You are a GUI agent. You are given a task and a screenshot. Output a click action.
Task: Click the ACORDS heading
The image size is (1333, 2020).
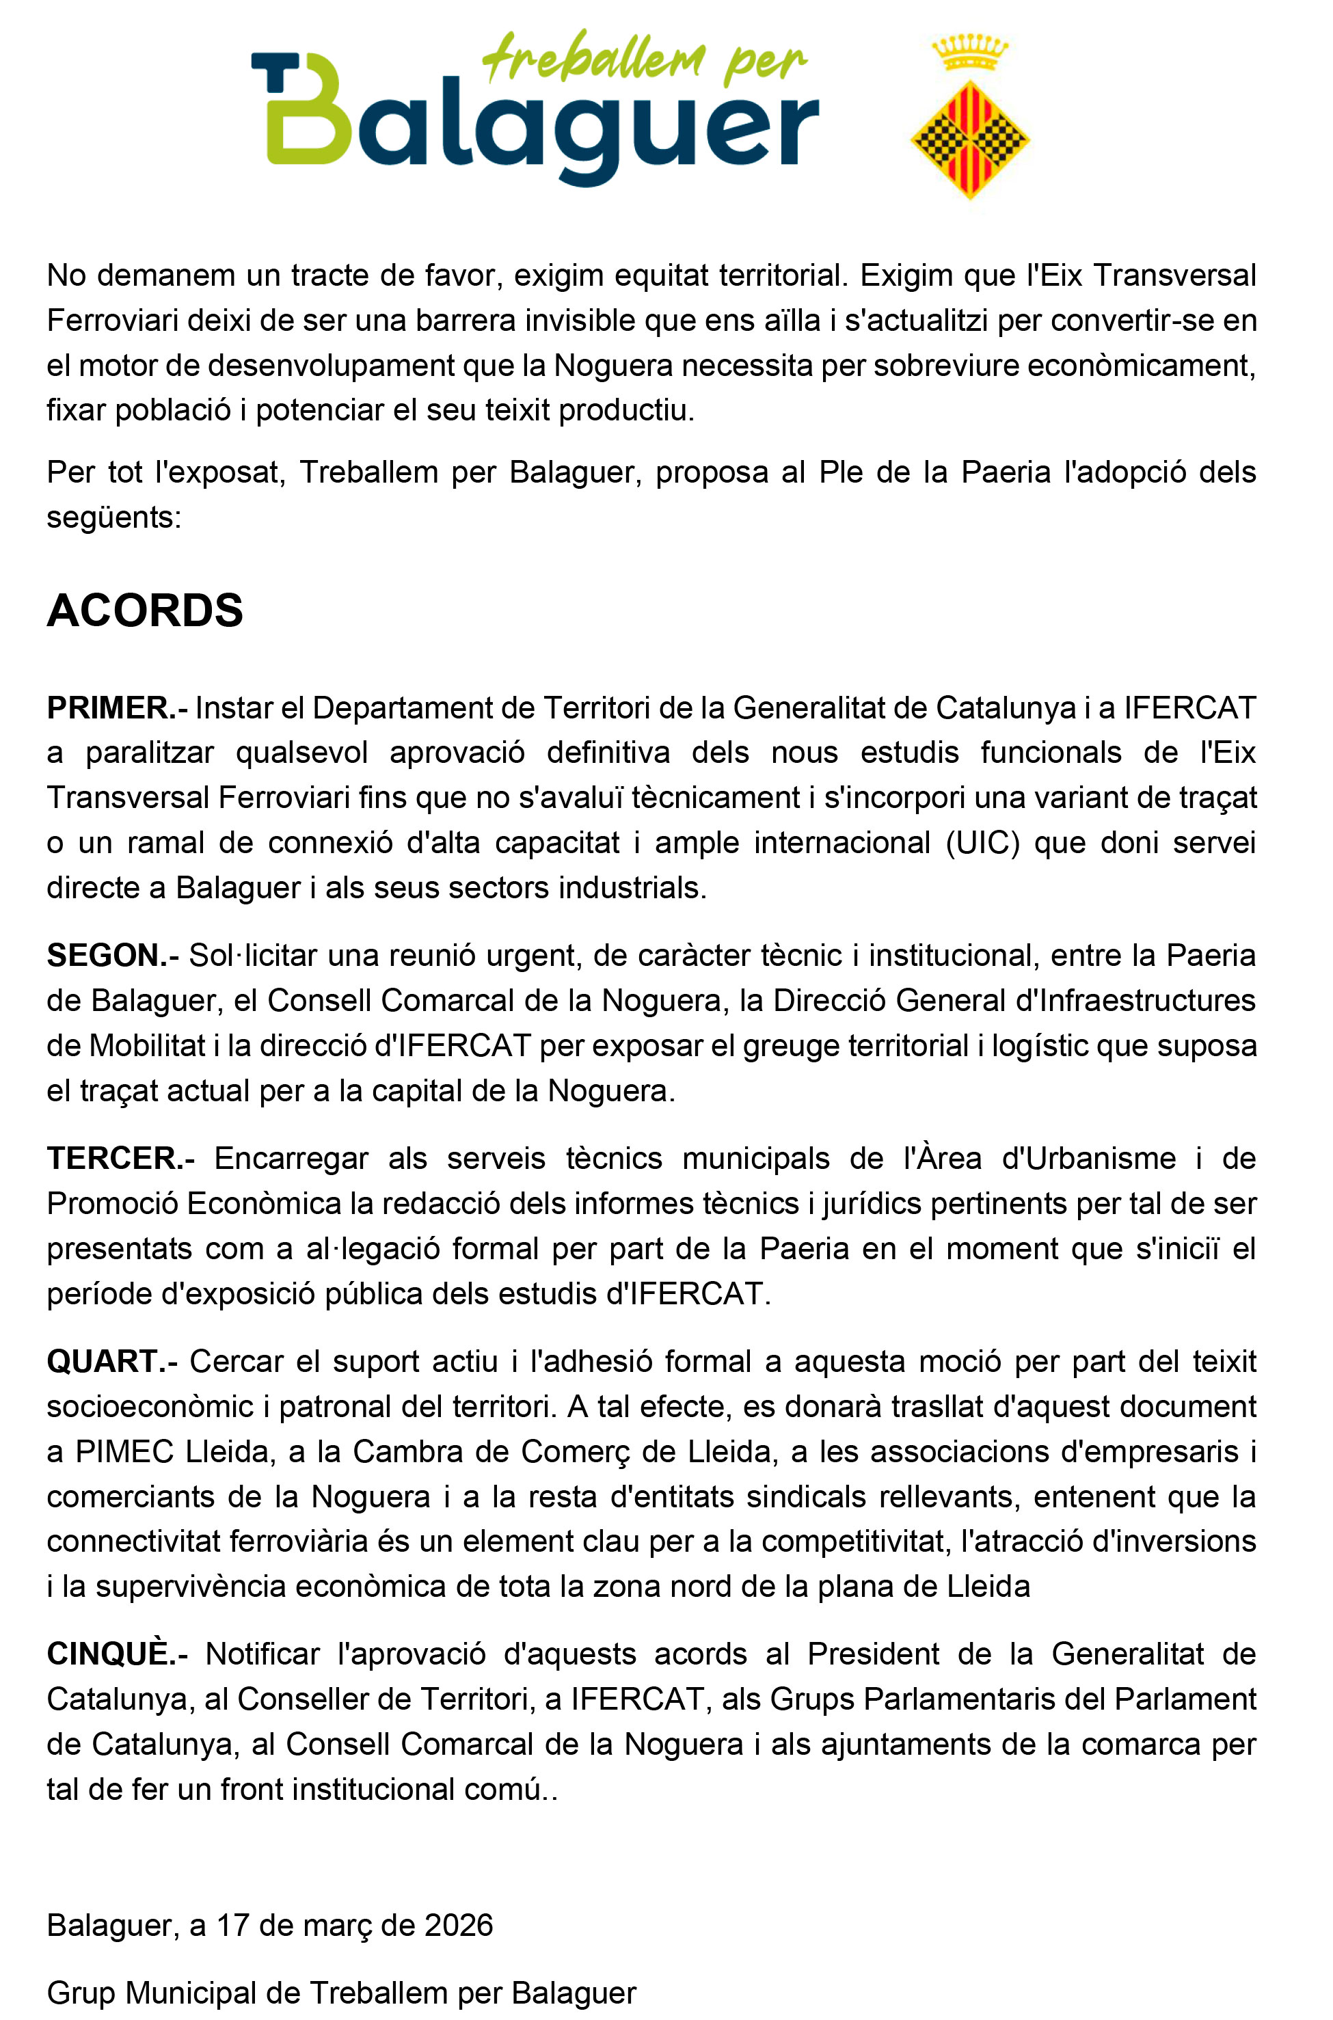click(144, 610)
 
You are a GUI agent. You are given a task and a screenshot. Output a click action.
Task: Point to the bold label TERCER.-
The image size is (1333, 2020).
click(121, 1158)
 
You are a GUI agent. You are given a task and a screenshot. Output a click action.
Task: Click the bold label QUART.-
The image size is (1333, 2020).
click(112, 1361)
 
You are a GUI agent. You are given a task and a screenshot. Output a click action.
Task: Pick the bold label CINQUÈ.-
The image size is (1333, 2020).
click(116, 1654)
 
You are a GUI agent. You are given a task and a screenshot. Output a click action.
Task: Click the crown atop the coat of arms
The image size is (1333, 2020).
click(970, 53)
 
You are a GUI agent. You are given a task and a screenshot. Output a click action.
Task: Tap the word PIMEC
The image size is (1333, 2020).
click(124, 1451)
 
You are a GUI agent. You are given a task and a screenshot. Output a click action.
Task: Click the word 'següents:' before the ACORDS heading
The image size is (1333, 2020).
click(114, 517)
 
